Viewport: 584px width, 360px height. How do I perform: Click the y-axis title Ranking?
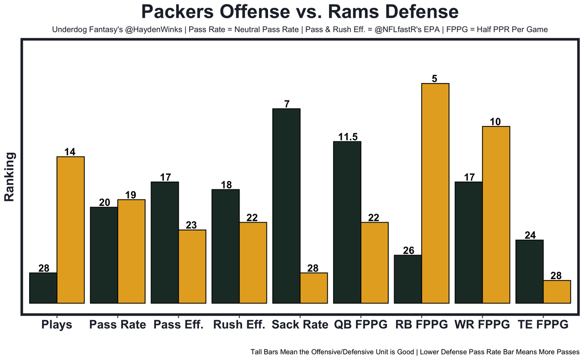10,177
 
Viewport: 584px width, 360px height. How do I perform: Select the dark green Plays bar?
43,288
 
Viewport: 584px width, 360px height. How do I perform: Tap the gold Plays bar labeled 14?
70,230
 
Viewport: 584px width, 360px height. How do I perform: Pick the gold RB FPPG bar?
435,193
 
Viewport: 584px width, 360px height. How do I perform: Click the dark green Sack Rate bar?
287,205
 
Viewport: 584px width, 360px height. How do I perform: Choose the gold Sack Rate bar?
314,288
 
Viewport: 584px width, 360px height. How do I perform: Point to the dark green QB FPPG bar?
347,222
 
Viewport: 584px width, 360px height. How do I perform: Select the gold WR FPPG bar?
496,214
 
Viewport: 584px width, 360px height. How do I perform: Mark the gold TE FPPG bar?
557,292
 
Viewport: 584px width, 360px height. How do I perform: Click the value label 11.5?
347,137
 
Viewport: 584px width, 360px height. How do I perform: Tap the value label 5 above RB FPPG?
434,78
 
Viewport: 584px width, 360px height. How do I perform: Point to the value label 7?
287,104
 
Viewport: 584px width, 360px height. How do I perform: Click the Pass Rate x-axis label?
118,325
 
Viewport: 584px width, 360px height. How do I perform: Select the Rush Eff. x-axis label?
239,325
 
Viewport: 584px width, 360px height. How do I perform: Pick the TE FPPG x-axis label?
543,325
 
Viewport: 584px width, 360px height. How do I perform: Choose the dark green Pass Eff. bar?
165,242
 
